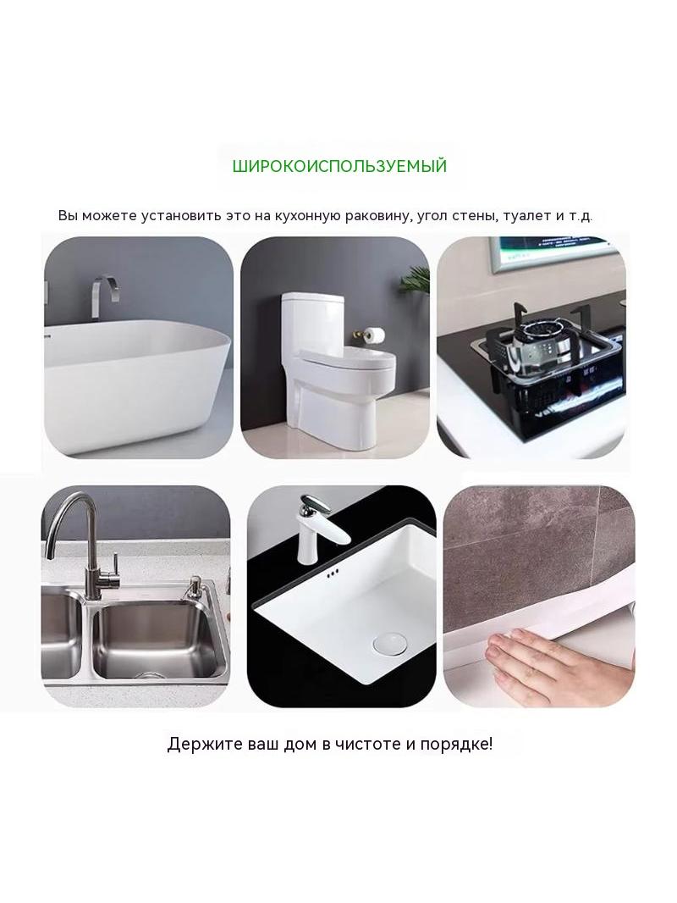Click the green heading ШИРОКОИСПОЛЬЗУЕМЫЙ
[339, 166]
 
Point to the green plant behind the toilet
[416, 285]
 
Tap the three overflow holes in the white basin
[332, 573]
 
